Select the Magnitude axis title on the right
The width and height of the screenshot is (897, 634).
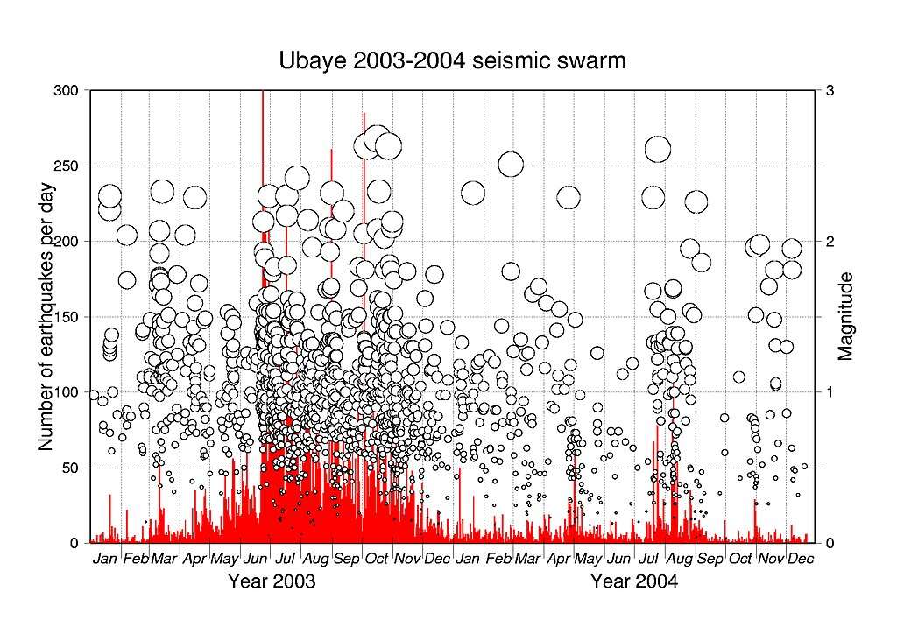(x=845, y=317)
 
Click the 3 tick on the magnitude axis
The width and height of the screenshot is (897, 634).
(x=829, y=90)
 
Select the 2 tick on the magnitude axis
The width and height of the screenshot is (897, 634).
(x=829, y=241)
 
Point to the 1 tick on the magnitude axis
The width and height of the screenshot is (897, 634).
(x=829, y=392)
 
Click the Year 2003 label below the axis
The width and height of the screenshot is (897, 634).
(x=272, y=581)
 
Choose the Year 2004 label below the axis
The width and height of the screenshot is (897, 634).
(x=633, y=581)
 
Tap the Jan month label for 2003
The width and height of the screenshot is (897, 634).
(x=105, y=559)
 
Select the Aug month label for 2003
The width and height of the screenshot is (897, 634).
(x=315, y=559)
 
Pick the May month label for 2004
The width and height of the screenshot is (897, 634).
(x=588, y=559)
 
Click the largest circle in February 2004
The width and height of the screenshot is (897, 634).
(x=511, y=164)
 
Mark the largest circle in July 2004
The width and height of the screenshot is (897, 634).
(x=658, y=150)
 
